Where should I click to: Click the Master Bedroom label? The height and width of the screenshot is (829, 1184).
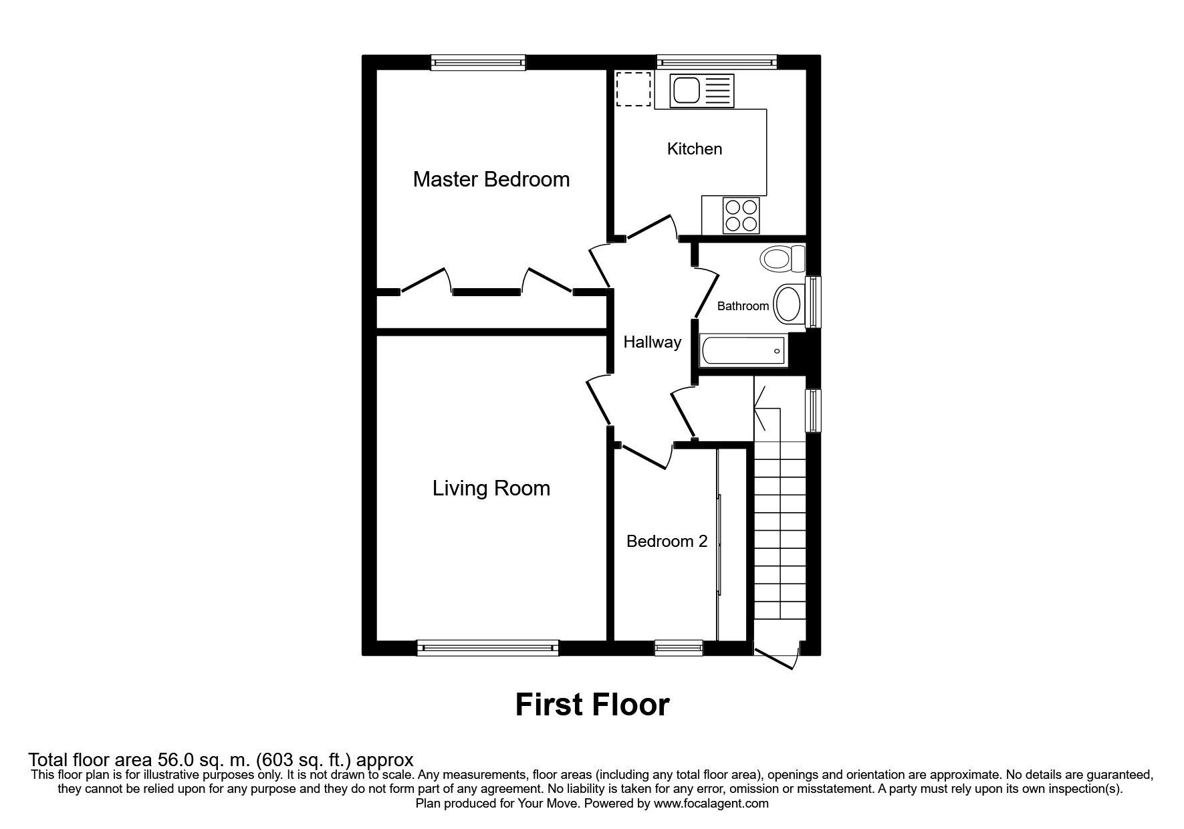point(491,179)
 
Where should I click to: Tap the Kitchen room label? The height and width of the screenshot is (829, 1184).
point(695,148)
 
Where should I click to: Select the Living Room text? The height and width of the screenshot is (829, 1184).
point(491,488)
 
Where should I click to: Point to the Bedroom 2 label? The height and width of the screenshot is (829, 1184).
point(666,541)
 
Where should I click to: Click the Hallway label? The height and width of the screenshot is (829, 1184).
point(652,342)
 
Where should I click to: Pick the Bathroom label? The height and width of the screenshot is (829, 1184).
point(743,306)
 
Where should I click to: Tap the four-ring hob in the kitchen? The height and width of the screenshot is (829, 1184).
point(741,215)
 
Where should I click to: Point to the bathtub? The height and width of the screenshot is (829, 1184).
point(742,350)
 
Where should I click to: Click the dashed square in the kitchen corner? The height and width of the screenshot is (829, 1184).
point(632,89)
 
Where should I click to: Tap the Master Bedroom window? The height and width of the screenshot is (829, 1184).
point(477,63)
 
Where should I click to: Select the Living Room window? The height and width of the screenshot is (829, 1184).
point(487,646)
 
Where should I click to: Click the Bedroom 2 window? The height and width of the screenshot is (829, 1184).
point(678,646)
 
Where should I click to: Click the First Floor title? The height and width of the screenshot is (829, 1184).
point(592,705)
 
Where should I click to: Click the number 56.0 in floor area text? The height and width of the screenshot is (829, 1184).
point(174,760)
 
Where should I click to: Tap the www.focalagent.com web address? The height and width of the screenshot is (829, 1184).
point(711,804)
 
